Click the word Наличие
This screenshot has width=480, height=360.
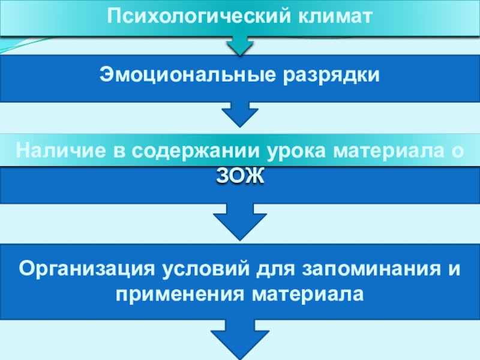pyautogui.click(x=57, y=150)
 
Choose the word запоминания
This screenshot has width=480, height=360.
pyautogui.click(x=373, y=268)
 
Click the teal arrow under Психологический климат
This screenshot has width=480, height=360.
pyautogui.click(x=239, y=46)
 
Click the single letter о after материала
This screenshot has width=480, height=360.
pyautogui.click(x=457, y=150)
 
